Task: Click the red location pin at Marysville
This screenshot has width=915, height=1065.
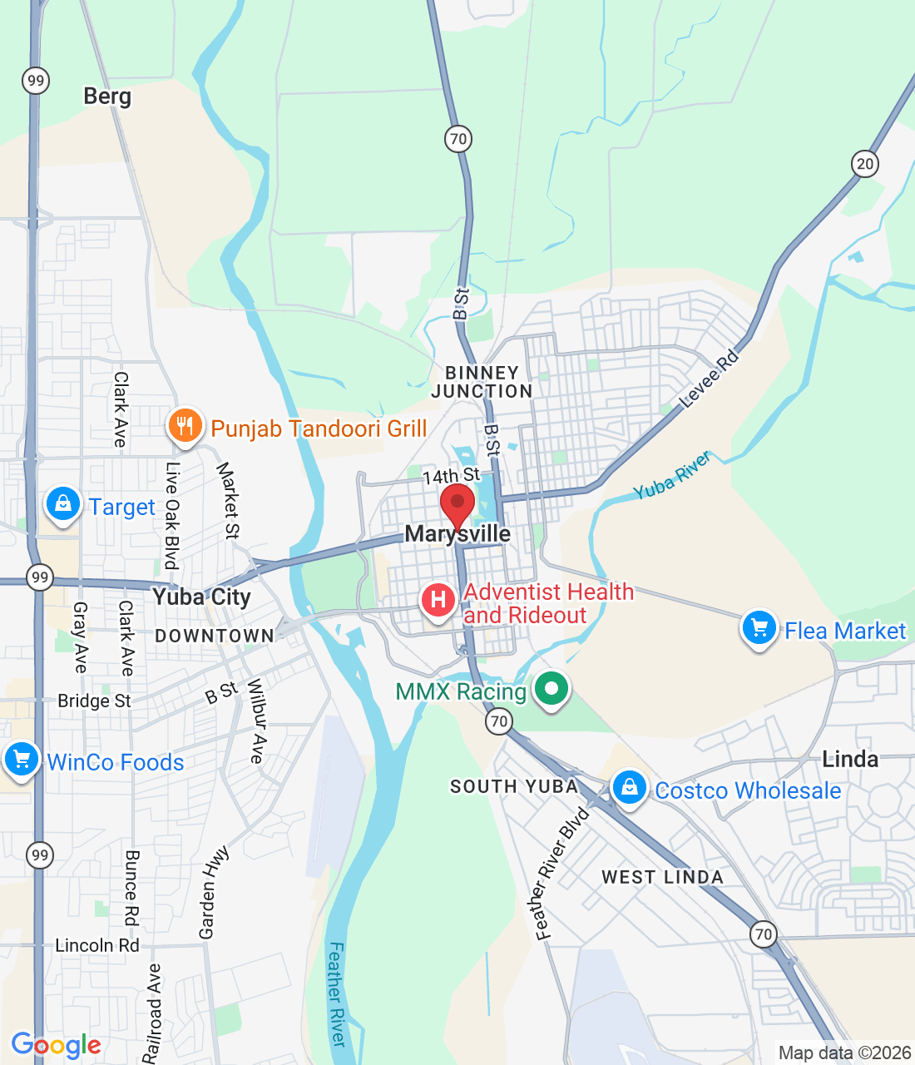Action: tap(457, 504)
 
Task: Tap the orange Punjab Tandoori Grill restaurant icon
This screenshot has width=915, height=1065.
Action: tap(185, 426)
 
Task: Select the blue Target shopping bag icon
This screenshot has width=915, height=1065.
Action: tap(62, 504)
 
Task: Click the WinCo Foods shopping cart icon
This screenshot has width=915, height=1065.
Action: tap(22, 760)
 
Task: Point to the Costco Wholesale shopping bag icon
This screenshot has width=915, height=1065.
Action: tap(630, 787)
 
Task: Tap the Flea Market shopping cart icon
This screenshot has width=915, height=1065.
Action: tap(759, 628)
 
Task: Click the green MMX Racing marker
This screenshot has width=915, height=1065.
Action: tap(551, 689)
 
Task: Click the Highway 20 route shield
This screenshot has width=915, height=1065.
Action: tap(865, 163)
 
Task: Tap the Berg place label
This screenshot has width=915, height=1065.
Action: tap(107, 97)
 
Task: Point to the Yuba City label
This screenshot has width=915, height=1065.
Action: tap(201, 597)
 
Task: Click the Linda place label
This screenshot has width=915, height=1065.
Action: tap(850, 759)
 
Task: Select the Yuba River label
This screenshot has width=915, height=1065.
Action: tap(672, 476)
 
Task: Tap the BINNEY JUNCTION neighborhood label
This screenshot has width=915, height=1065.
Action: tap(482, 382)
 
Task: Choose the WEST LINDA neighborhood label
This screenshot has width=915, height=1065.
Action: tap(662, 877)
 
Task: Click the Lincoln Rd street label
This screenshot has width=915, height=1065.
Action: tap(97, 945)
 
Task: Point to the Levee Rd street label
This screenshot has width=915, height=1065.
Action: tap(709, 379)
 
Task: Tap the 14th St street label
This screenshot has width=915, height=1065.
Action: tap(451, 476)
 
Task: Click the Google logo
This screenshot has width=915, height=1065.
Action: tap(57, 1045)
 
